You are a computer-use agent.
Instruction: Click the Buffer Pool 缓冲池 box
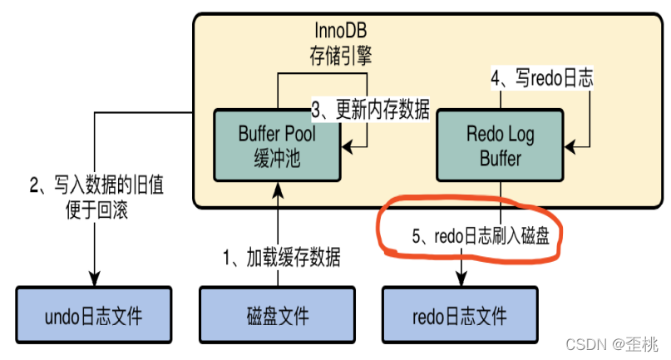[x=277, y=144]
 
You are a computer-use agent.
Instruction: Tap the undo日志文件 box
[x=93, y=317]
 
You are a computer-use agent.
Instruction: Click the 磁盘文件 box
[x=277, y=317]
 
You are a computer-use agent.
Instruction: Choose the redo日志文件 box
[x=459, y=317]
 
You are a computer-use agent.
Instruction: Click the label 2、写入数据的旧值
[x=97, y=185]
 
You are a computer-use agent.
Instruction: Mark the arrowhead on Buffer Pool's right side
[x=347, y=149]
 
